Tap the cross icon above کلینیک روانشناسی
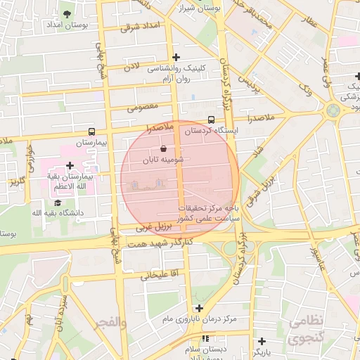176,58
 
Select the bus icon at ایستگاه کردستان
212,119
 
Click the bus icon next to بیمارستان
92,131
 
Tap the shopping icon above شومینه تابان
164,149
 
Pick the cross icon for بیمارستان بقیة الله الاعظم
70,166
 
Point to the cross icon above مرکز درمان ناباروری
200,308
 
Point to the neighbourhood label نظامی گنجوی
306,329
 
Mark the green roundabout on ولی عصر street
333,110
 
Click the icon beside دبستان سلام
205,339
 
